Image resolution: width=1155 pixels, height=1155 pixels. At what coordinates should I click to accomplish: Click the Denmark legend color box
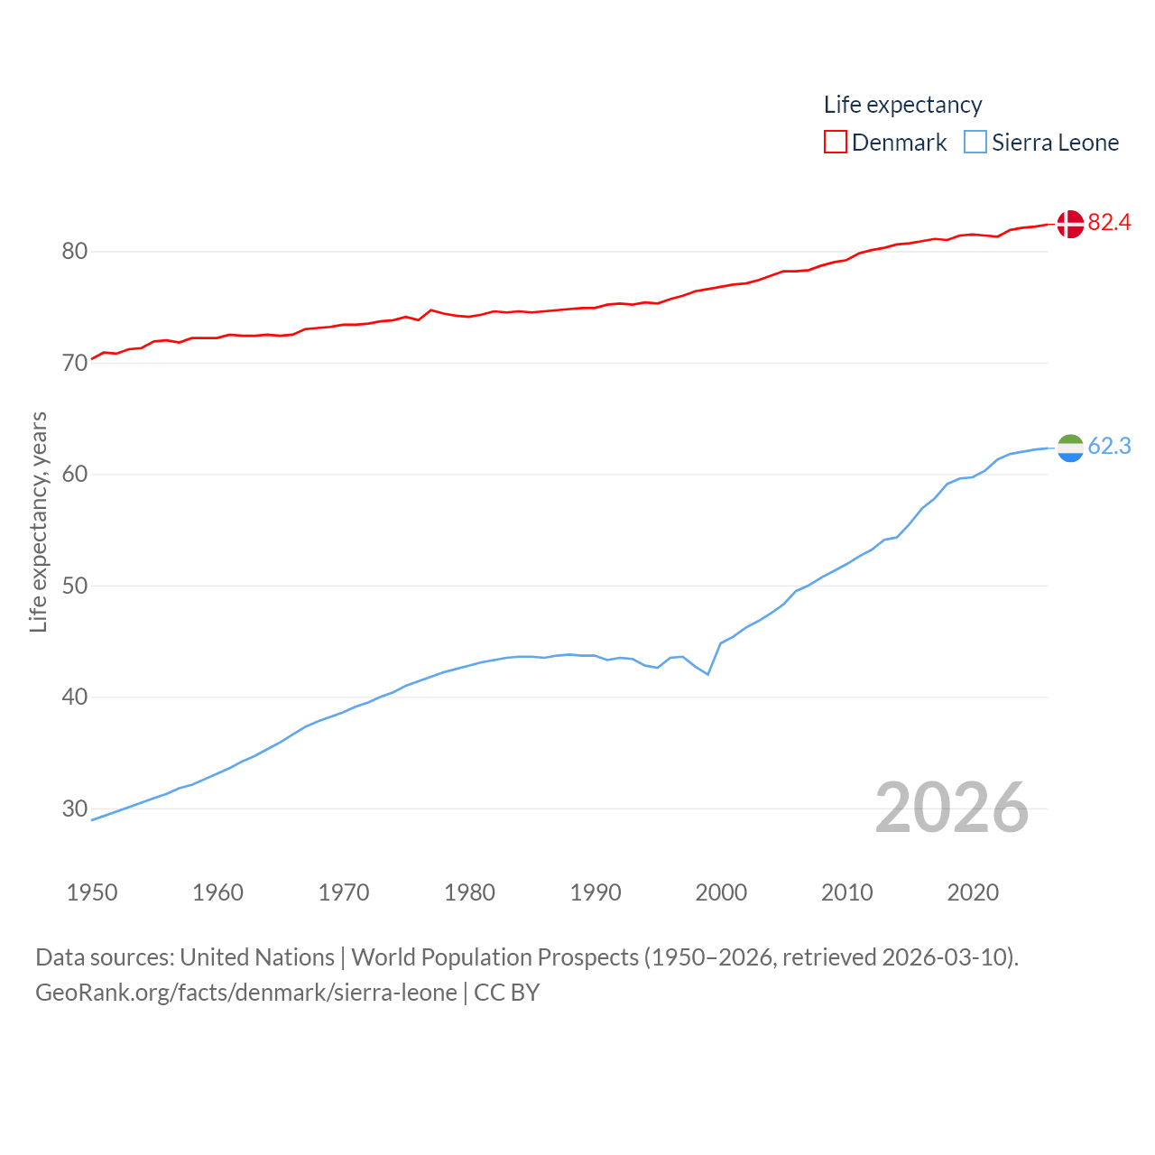tap(835, 143)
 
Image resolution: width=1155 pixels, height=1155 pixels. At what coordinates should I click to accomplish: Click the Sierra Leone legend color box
tap(975, 143)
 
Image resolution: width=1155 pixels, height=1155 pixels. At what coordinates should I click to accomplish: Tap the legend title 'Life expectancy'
tap(902, 105)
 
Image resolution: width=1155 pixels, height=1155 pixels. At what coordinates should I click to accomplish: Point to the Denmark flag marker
tap(1070, 224)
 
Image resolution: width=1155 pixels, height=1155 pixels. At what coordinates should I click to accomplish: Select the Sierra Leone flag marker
tap(1070, 448)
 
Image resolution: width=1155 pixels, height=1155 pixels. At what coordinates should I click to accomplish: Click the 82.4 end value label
tap(1109, 222)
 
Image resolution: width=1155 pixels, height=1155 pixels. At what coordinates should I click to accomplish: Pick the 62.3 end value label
tap(1109, 446)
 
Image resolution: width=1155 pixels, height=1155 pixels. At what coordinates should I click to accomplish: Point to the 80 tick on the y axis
tap(75, 251)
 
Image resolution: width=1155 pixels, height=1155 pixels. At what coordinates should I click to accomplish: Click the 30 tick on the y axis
tap(75, 808)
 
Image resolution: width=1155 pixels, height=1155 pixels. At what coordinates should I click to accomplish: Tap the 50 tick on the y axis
tap(75, 586)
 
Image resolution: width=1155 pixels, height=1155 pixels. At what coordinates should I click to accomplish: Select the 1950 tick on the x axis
tap(92, 892)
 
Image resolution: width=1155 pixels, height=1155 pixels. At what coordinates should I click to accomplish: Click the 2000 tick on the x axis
tap(721, 892)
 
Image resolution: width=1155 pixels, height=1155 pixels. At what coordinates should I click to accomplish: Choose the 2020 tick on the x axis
tap(973, 892)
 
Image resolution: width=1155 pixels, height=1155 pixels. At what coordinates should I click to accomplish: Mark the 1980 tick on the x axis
tap(469, 892)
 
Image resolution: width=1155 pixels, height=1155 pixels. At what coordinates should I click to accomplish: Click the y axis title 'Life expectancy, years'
tap(38, 522)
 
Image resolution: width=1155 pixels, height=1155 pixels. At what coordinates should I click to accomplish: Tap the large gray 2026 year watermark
tap(951, 807)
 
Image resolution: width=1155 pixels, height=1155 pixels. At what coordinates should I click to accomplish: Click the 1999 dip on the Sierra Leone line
tap(708, 674)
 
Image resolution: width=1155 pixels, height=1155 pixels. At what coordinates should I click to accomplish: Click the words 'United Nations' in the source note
tap(257, 957)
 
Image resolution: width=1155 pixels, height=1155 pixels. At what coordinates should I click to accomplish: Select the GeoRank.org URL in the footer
tap(246, 993)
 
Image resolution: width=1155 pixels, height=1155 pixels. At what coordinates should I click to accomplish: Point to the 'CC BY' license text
tap(507, 993)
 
